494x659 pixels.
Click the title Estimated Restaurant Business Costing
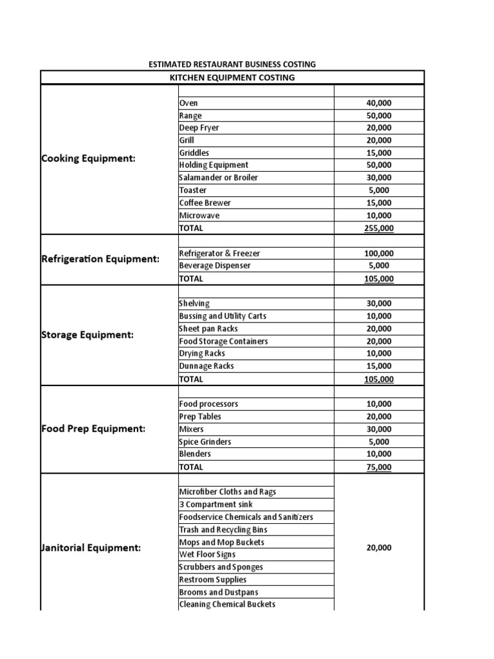(232, 64)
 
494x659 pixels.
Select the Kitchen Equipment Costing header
(232, 78)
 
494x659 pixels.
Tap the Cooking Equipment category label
(89, 159)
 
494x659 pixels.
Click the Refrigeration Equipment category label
(100, 259)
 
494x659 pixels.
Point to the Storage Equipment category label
(87, 335)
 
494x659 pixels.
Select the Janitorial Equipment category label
(91, 548)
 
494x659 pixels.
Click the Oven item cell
(188, 103)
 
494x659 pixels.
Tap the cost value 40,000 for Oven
(378, 103)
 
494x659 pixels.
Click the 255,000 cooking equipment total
(378, 228)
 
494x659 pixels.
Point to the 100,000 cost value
(378, 254)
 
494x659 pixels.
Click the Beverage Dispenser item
(215, 266)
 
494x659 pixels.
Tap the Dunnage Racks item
(206, 366)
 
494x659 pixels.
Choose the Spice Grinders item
(205, 442)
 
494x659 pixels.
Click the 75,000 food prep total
(378, 467)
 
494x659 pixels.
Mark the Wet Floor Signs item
(207, 555)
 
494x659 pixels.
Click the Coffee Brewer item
(205, 203)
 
